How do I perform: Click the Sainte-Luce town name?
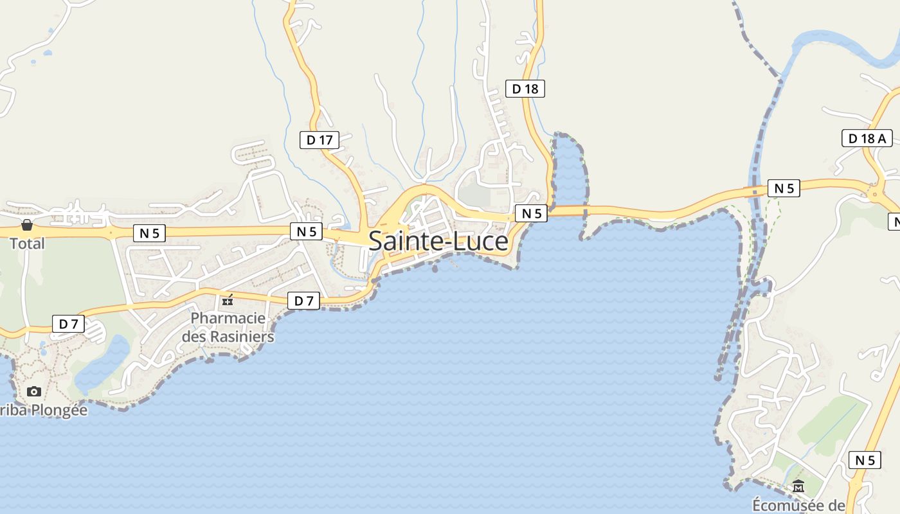(x=438, y=242)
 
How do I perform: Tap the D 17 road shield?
(x=319, y=139)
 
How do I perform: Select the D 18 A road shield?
(x=867, y=137)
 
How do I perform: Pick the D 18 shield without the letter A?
(x=525, y=89)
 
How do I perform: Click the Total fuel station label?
(x=27, y=244)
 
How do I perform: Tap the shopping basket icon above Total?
(x=27, y=225)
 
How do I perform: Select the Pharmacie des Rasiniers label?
(x=228, y=327)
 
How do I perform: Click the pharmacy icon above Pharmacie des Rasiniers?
(x=228, y=300)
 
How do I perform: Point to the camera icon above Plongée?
(x=34, y=391)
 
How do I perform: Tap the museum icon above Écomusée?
(x=798, y=486)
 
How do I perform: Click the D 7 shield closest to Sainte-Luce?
(x=303, y=300)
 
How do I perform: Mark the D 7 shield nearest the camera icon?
(x=68, y=324)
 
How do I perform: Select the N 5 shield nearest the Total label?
(x=149, y=233)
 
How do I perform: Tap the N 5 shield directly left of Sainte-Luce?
(x=306, y=231)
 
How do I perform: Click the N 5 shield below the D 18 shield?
(x=531, y=213)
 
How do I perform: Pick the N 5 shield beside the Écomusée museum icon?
(x=865, y=460)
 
